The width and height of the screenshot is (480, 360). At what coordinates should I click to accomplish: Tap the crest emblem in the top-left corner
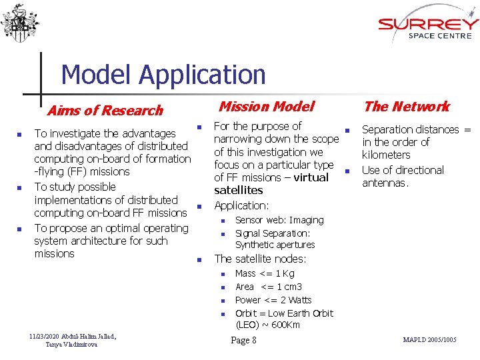20,23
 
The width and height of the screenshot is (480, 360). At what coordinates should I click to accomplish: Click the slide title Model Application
163,75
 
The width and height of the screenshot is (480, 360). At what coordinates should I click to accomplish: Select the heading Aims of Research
105,111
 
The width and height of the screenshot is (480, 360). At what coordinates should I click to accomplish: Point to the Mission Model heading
266,106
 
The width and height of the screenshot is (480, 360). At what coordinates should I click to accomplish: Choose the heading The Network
407,106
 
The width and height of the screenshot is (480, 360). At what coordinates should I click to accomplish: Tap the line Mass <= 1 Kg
265,273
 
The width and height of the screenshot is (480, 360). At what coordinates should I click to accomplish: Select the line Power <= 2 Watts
273,300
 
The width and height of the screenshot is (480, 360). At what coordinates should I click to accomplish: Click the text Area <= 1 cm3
269,287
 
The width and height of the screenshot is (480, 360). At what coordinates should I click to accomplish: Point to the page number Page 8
243,341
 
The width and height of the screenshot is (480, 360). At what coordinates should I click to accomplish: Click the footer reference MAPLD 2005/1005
430,340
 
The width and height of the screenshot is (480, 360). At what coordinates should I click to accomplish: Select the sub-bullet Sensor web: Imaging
279,220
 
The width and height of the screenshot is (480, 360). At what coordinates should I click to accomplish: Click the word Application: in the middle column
241,206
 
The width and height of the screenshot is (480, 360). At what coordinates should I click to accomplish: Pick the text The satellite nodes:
260,259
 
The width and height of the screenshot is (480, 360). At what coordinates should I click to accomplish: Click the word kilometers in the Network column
386,155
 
